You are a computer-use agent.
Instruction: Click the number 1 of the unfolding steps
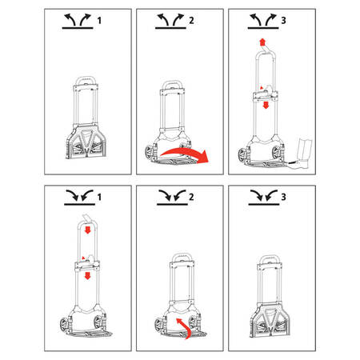pos(99,21)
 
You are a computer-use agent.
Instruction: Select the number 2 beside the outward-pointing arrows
pos(191,21)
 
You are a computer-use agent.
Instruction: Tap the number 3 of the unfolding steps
pos(283,21)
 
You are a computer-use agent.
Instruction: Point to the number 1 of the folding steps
pos(99,198)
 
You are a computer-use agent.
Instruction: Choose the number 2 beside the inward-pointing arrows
pos(191,198)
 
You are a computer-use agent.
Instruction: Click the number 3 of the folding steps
pos(283,198)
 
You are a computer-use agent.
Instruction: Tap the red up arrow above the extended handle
pos(262,42)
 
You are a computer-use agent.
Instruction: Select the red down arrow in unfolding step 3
pos(266,105)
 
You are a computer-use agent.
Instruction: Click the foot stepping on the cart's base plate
pos(302,154)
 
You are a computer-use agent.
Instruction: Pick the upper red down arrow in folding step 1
pos(87,230)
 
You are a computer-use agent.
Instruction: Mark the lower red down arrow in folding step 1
pos(87,276)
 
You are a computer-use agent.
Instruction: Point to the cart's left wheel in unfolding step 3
pos(242,156)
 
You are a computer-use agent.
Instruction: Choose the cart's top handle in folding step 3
pos(270,258)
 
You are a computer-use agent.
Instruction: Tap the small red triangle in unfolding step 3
pos(262,87)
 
